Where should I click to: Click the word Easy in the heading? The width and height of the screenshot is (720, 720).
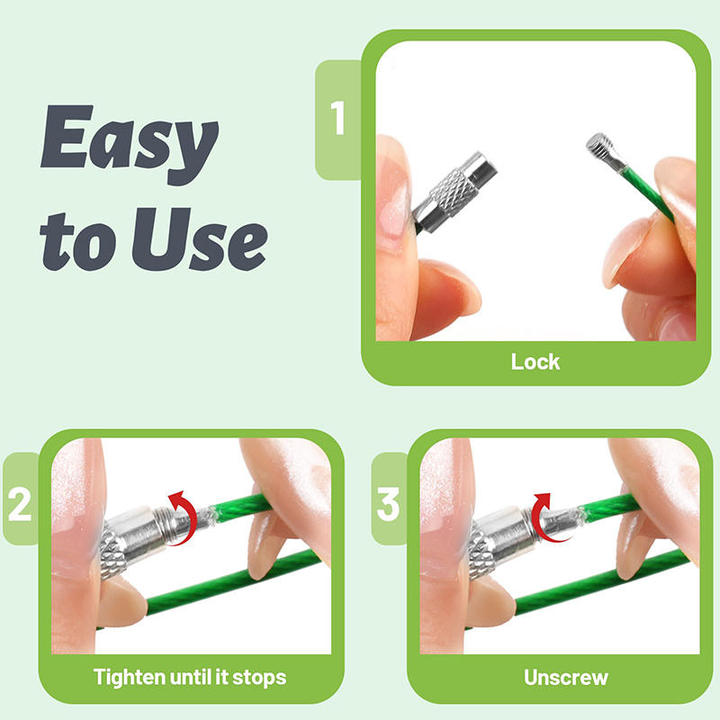[130, 144]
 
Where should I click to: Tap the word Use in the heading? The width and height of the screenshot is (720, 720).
[200, 239]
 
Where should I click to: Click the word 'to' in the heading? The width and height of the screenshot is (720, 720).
[77, 241]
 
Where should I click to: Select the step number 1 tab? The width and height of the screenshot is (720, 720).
[338, 119]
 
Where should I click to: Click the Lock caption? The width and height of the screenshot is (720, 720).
[535, 362]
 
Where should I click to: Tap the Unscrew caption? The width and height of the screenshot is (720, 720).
[566, 678]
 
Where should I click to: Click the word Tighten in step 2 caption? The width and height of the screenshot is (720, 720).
[130, 678]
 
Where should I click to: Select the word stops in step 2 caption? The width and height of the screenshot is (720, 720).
[259, 678]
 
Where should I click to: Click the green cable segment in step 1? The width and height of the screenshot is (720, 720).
[646, 193]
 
